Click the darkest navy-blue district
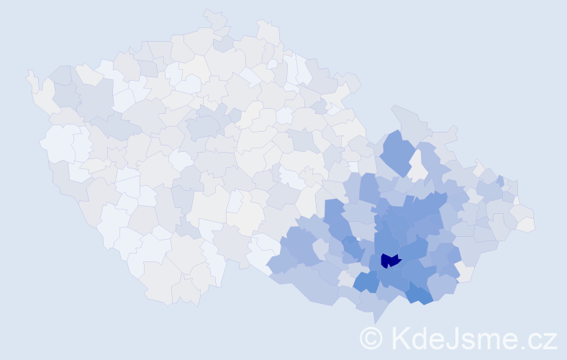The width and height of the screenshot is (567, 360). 389,261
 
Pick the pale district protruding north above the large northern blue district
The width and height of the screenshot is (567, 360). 406,119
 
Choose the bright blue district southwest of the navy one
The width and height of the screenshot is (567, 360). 366,282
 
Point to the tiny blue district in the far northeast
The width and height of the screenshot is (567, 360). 499,181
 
